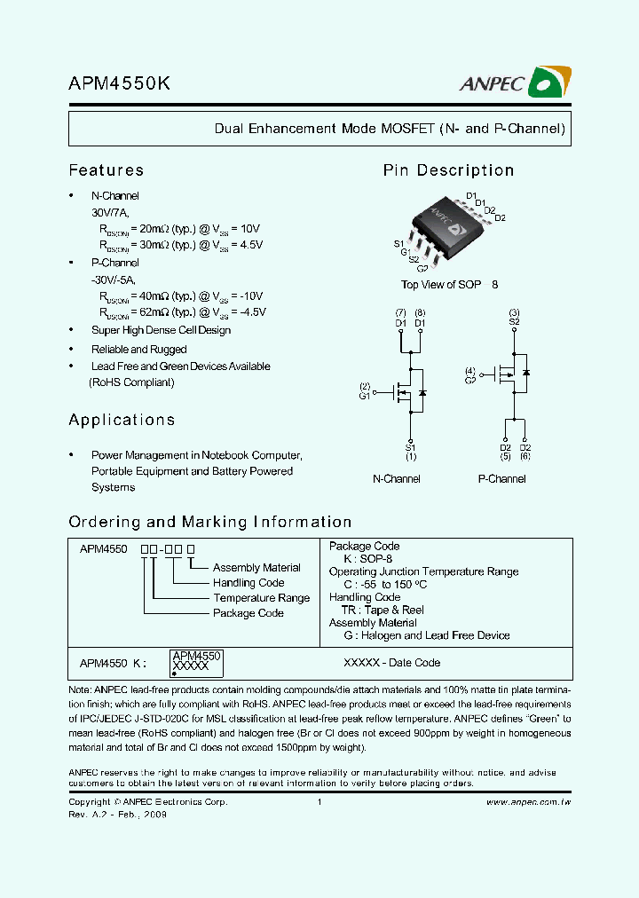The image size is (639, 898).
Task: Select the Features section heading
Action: point(106,170)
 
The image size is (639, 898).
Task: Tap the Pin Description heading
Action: point(448,170)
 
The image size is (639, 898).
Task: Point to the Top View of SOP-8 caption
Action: point(449,285)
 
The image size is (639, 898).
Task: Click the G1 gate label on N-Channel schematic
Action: point(364,396)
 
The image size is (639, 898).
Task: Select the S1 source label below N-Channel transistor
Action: point(410,447)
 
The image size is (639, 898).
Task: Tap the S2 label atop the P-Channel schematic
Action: point(514,322)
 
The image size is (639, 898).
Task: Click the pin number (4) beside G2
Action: point(470,370)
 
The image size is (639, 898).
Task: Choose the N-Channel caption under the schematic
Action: point(396,479)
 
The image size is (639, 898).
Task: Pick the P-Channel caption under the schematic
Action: point(501,479)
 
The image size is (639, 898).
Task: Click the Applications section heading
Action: point(122,420)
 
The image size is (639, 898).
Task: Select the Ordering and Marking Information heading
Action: point(210,522)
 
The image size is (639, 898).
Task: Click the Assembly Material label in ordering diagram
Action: point(256,568)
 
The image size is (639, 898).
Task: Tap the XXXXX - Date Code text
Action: point(391,663)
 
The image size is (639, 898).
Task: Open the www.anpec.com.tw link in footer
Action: point(527,802)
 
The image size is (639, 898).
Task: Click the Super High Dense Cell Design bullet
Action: point(161,330)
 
